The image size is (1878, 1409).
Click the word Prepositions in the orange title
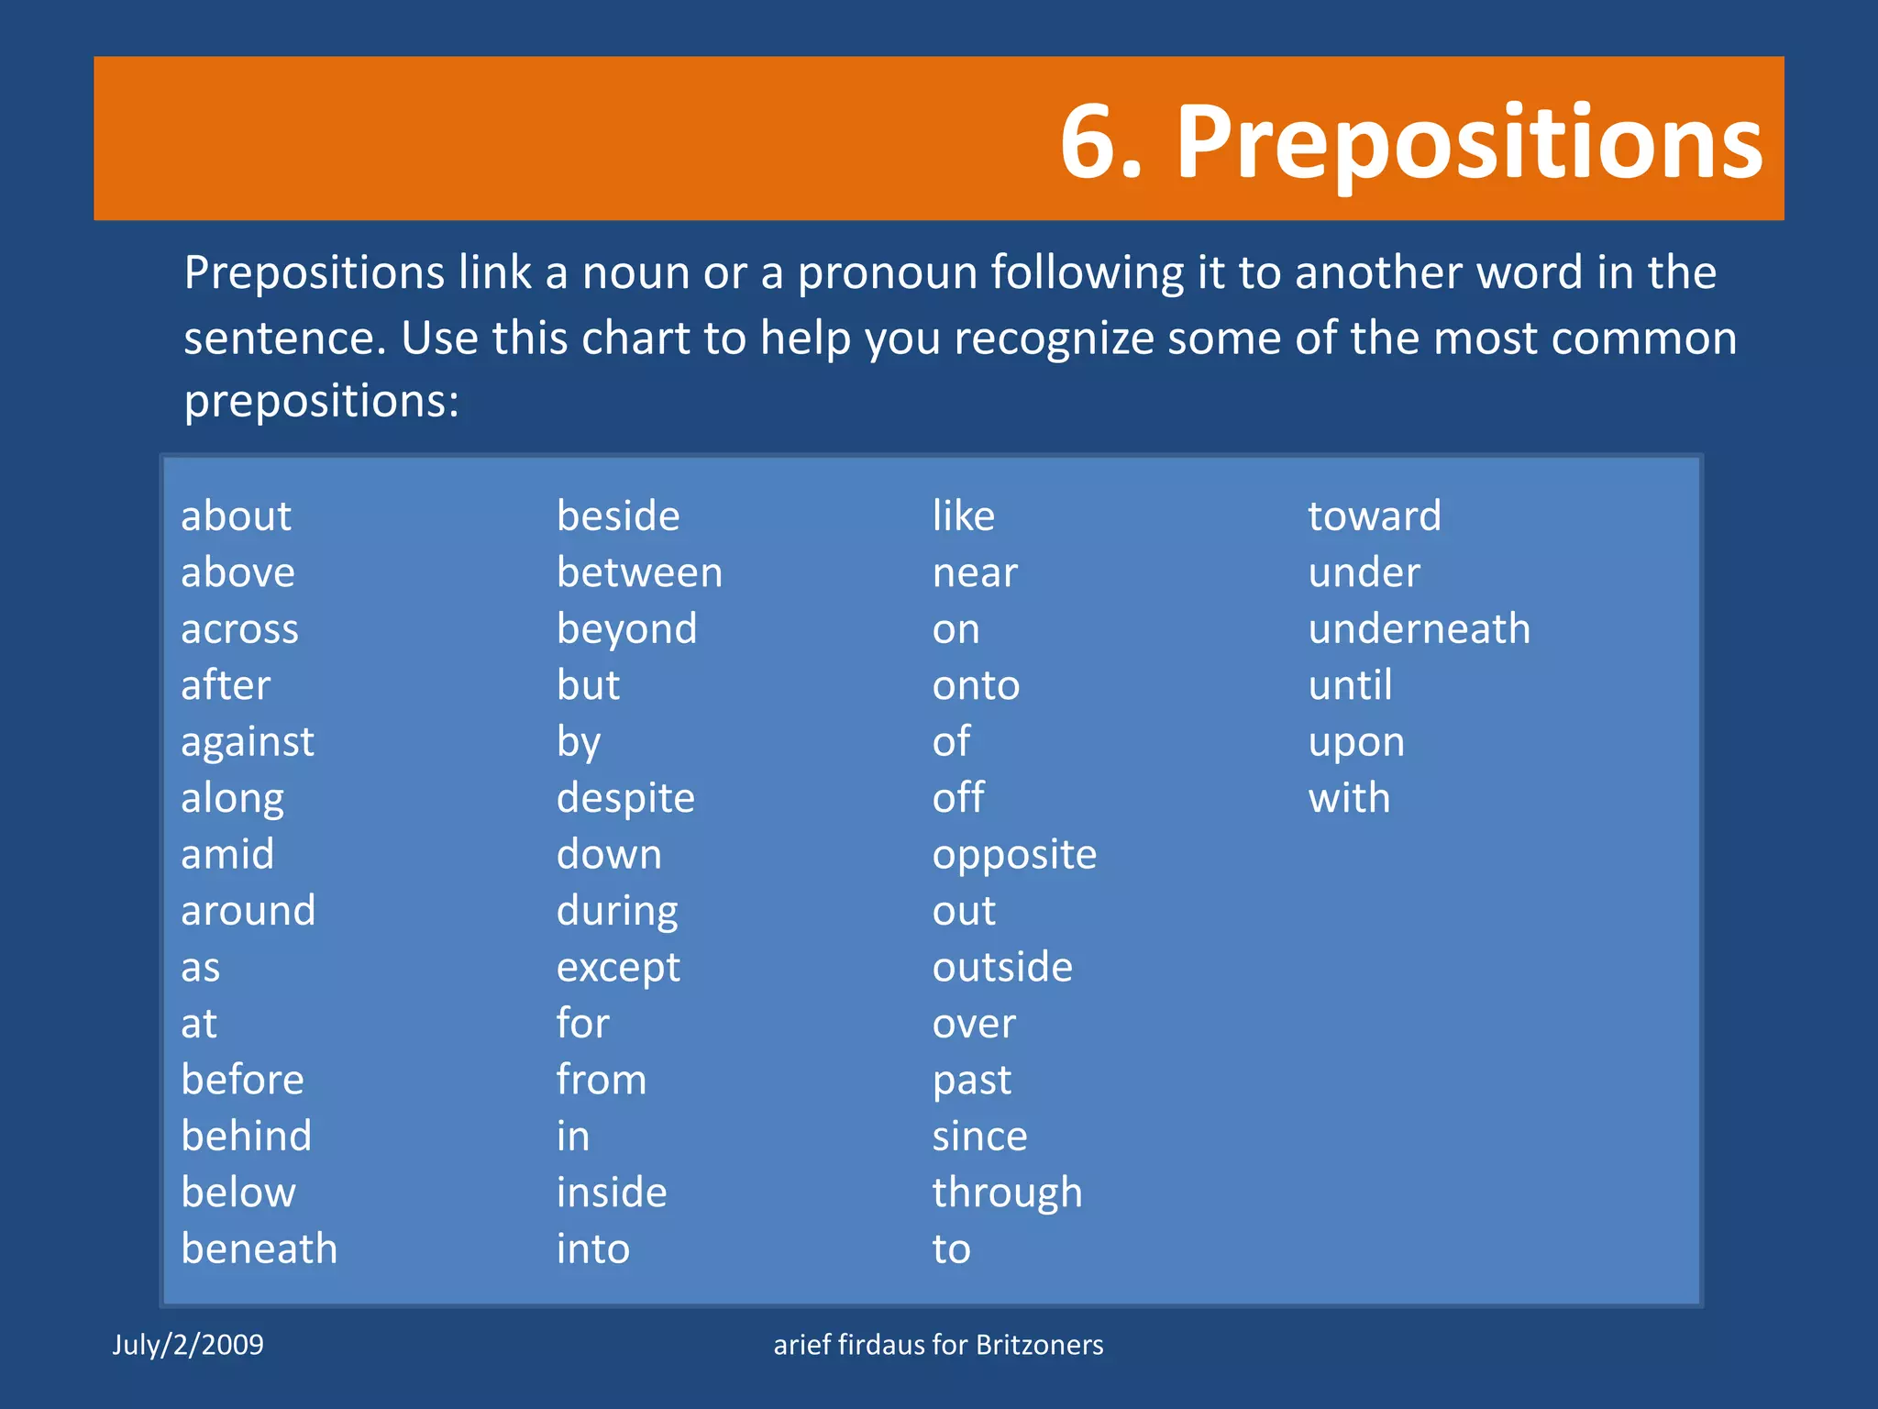click(x=1469, y=143)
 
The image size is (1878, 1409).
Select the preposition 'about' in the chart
click(x=236, y=516)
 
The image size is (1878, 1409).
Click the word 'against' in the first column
click(x=248, y=742)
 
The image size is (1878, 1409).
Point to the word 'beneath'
click(x=260, y=1249)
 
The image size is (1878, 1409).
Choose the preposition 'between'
click(x=639, y=573)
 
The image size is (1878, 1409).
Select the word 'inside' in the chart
click(x=612, y=1193)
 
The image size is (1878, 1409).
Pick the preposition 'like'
click(x=963, y=516)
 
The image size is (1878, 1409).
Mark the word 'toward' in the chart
click(x=1374, y=516)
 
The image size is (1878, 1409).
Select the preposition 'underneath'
click(x=1419, y=629)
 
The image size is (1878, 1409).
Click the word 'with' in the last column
click(x=1349, y=798)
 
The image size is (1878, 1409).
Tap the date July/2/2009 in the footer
click(x=188, y=1345)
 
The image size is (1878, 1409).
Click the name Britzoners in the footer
click(x=1039, y=1345)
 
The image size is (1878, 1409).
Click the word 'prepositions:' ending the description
click(x=321, y=401)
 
